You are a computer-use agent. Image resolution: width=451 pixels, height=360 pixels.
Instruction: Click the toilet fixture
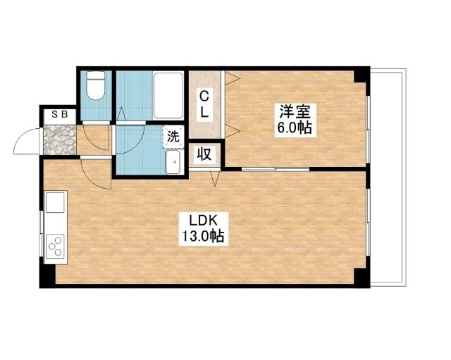[96, 85]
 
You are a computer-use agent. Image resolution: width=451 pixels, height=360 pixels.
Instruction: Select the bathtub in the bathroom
[168, 96]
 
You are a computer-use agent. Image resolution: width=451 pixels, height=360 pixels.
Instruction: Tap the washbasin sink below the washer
[173, 162]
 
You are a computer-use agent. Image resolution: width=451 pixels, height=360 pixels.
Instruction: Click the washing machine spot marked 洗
[173, 137]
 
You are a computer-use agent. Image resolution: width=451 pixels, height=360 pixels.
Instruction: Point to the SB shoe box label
[59, 114]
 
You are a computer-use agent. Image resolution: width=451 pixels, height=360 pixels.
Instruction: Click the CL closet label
[204, 104]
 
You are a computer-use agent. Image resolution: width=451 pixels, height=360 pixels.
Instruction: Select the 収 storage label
[204, 155]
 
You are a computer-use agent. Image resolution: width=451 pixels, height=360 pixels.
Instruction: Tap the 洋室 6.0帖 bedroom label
[295, 120]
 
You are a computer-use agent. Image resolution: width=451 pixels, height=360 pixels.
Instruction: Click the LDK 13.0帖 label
[204, 229]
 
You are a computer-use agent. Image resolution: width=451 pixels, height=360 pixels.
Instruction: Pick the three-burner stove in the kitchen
[55, 246]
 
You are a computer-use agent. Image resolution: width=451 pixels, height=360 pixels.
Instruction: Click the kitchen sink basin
[55, 202]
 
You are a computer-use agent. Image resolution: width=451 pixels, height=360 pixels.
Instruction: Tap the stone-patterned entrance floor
[60, 139]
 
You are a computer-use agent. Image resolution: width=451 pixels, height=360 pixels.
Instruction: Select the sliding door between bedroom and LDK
[276, 169]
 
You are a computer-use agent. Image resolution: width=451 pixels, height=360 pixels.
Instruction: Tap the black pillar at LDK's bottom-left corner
[47, 276]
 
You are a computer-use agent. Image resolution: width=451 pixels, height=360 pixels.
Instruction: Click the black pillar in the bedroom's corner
[362, 75]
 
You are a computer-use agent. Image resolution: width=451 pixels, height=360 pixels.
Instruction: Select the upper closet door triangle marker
[232, 78]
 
